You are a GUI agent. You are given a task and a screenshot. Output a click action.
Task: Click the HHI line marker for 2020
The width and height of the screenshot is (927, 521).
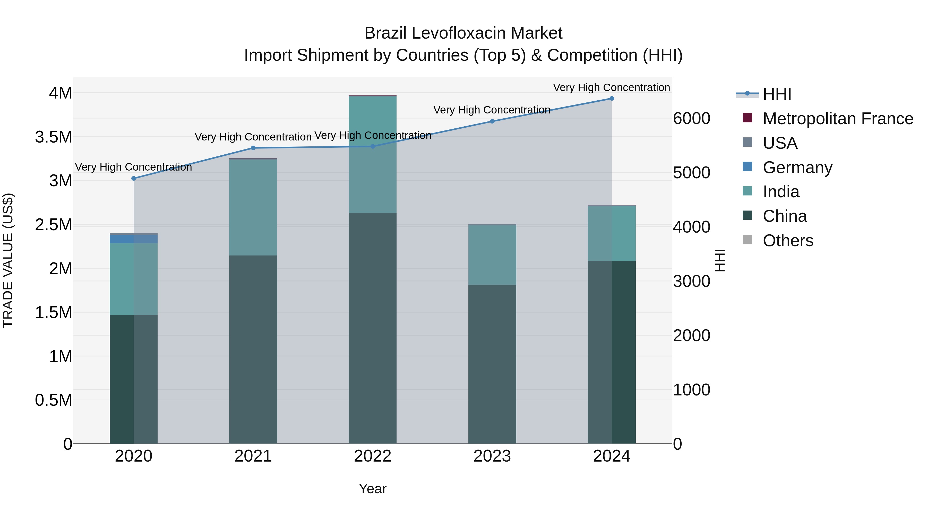point(133,178)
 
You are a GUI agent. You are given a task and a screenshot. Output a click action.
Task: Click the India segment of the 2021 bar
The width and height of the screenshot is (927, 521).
point(253,207)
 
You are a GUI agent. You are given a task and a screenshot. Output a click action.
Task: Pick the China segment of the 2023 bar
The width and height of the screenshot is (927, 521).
point(492,363)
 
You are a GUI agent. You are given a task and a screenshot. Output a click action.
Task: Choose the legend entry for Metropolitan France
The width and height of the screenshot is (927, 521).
point(838,119)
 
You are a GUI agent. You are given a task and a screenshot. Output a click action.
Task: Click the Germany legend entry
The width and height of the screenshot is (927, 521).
point(797,167)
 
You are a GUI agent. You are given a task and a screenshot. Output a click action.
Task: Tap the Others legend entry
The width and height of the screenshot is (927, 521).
point(788,241)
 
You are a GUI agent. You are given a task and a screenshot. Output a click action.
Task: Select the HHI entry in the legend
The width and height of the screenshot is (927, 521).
point(777,94)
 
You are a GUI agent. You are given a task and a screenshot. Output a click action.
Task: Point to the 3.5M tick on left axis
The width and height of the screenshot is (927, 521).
point(54,137)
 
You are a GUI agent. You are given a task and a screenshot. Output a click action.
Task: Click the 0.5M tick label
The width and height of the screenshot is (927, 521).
point(54,400)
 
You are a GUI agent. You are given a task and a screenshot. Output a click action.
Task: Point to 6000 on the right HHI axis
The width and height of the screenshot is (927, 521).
point(691,119)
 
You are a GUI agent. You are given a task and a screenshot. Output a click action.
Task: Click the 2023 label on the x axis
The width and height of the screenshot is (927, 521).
point(492,456)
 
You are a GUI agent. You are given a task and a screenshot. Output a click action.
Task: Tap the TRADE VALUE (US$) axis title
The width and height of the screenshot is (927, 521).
point(8,260)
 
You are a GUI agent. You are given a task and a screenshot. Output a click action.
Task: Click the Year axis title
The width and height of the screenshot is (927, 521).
point(372,489)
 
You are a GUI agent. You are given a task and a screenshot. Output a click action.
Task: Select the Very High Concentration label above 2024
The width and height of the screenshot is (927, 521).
point(611,87)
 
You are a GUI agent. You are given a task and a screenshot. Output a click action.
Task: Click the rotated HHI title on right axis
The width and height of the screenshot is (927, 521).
point(720,260)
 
